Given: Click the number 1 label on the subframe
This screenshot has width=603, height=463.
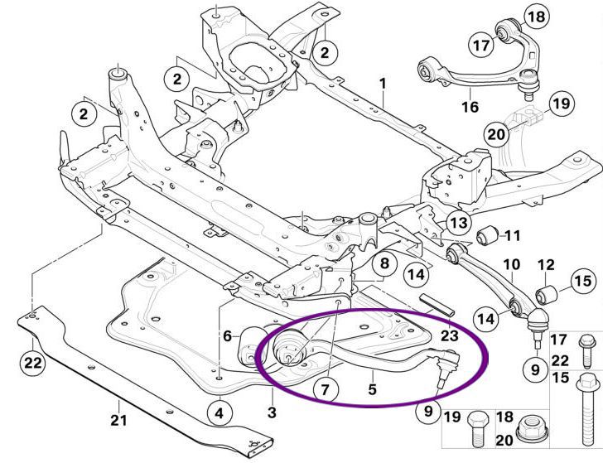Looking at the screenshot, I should point(383,84).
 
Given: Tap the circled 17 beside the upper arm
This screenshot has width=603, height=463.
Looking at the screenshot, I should point(481,46).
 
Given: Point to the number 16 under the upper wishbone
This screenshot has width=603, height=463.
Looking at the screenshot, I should point(470,107).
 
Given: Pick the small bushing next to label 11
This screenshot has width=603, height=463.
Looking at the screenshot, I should point(487,235).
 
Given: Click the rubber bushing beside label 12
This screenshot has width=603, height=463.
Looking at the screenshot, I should point(547,294).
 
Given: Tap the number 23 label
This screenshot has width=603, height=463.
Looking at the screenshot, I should point(450,336).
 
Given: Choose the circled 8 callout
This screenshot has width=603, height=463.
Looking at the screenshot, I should point(383,265).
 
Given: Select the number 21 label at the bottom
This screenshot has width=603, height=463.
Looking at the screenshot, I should point(119,420).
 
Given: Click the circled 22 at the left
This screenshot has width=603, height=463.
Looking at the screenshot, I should point(31,362).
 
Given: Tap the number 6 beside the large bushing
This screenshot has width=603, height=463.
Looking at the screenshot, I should point(226,335).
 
